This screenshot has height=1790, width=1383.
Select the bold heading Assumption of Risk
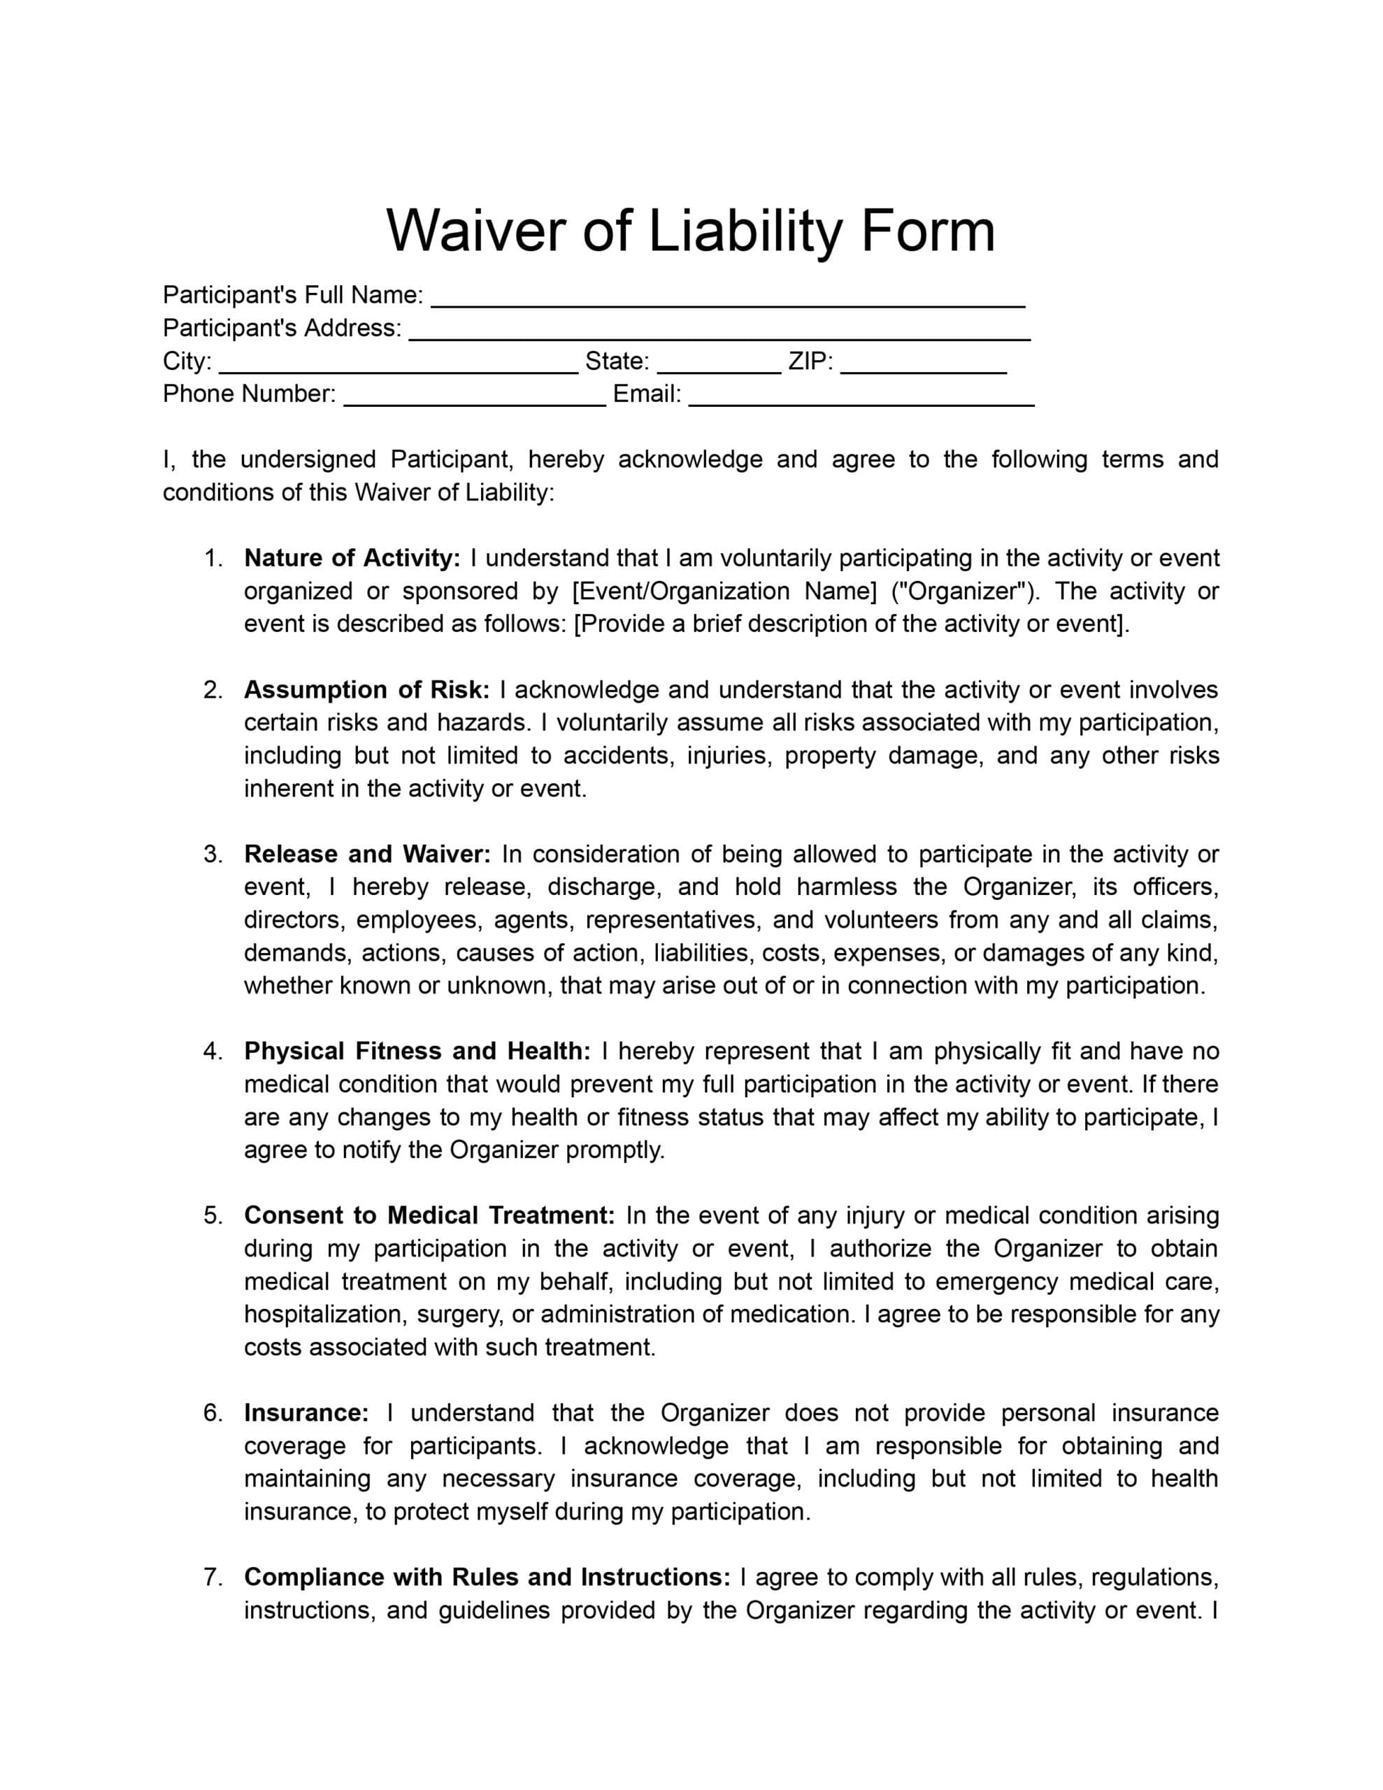(366, 690)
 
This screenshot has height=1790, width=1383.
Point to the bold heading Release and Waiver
(367, 854)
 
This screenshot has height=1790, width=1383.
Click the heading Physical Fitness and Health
(417, 1051)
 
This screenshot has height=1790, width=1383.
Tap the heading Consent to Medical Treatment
(429, 1215)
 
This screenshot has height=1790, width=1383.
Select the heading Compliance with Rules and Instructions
(487, 1577)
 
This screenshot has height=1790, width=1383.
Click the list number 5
(212, 1215)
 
